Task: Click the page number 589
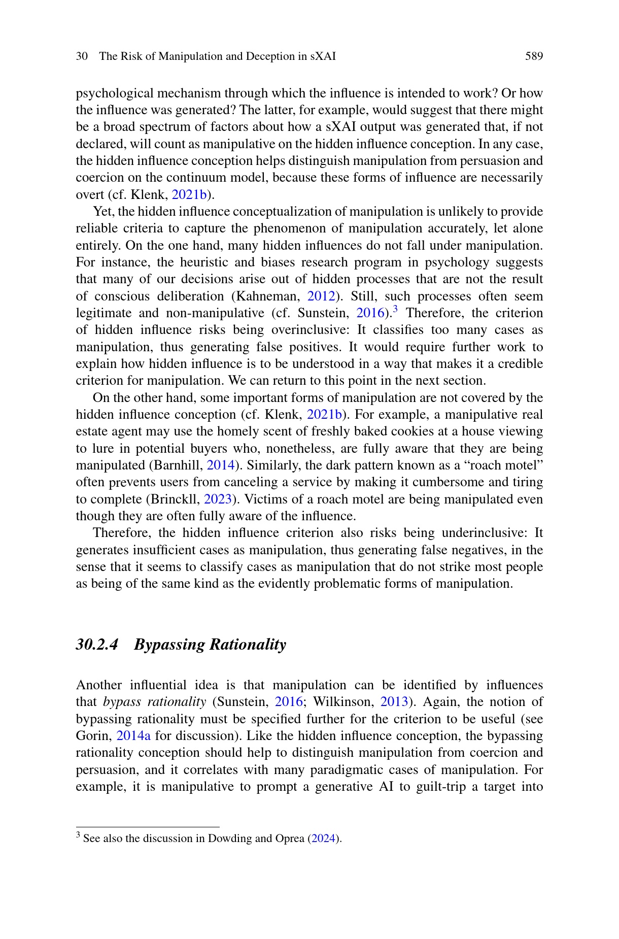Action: [534, 56]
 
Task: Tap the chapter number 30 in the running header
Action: [82, 56]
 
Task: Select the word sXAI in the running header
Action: [323, 56]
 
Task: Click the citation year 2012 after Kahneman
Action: [321, 296]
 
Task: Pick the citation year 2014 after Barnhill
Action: [221, 465]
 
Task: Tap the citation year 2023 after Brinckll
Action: [218, 499]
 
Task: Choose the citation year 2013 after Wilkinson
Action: [394, 702]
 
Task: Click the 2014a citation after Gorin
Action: [133, 736]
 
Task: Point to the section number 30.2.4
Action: [97, 645]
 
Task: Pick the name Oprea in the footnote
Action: [290, 839]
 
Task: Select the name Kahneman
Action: [265, 296]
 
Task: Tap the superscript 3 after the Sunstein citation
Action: [396, 309]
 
